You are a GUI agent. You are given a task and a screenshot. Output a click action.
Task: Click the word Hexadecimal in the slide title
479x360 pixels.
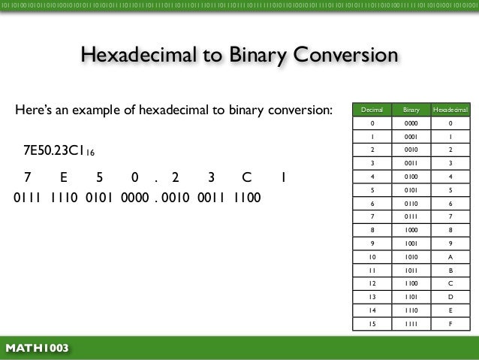coord(137,56)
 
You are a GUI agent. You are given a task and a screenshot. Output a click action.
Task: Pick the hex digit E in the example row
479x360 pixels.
coord(63,179)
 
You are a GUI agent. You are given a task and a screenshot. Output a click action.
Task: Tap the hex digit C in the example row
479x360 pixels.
coord(246,179)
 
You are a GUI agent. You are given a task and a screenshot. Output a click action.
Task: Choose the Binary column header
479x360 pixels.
coord(411,110)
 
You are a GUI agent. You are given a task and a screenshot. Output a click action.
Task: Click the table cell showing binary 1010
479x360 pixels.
coord(411,256)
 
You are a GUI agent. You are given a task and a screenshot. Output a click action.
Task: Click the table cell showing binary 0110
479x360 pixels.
coord(411,203)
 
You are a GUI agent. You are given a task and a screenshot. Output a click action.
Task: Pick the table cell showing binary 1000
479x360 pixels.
coord(411,230)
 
